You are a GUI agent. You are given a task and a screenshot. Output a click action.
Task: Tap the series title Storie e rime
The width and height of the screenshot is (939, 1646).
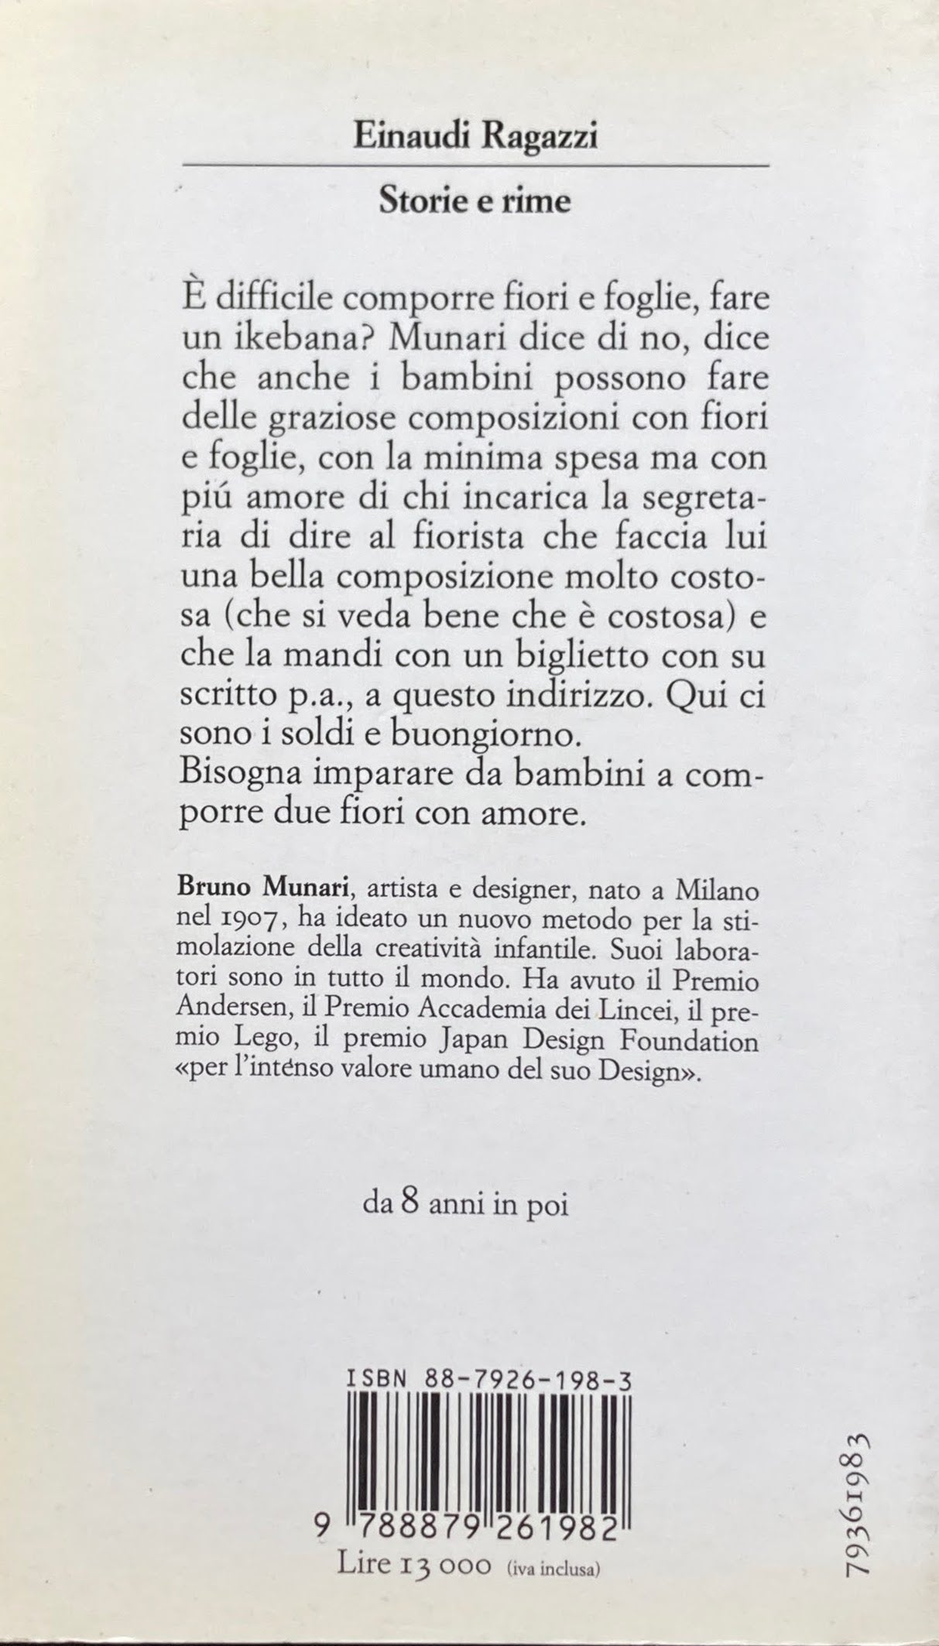(x=475, y=202)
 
